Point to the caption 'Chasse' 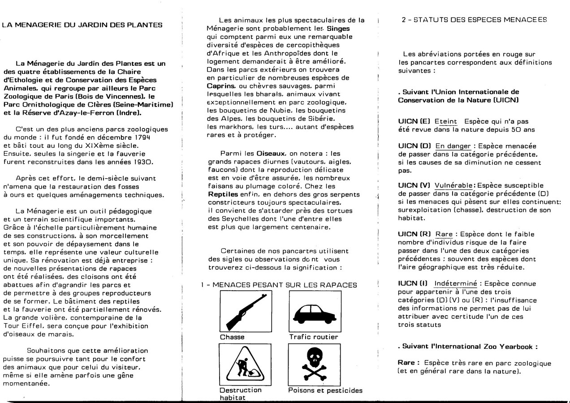(232, 337)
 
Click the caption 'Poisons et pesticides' (325, 390)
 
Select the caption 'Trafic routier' (314, 337)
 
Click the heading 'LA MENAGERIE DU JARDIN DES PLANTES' (82, 25)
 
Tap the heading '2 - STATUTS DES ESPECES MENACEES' (475, 20)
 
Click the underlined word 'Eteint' (446, 121)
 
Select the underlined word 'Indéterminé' (456, 283)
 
